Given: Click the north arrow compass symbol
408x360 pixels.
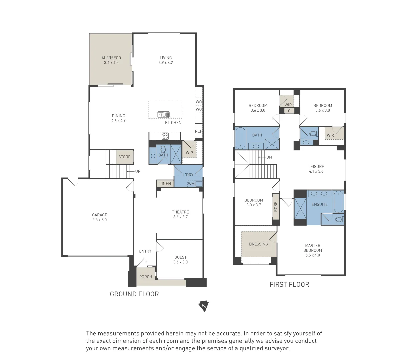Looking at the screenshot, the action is (204, 306).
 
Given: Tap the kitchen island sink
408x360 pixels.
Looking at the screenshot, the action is (163, 115).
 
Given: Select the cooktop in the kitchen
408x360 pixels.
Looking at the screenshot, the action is (165, 136).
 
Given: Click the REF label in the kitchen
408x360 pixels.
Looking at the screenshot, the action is (198, 131).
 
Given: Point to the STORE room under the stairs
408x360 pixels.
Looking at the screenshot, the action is (125, 157).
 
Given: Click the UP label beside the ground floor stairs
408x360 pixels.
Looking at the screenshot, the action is (138, 171).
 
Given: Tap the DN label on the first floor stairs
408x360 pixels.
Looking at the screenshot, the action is (269, 157).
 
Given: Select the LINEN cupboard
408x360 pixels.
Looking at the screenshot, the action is (165, 184).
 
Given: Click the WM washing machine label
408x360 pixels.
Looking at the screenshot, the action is (191, 184).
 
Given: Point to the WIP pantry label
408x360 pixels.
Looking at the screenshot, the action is (189, 153).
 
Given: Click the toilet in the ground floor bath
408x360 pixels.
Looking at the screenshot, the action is (163, 149).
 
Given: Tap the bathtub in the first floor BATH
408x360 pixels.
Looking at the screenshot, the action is (240, 138).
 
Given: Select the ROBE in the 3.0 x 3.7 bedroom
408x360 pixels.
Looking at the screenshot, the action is (275, 207).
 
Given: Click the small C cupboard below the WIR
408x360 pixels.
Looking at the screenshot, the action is (289, 111).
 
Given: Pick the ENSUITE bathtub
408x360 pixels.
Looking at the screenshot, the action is (338, 202).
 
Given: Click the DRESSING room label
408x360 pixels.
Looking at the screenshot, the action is (258, 244).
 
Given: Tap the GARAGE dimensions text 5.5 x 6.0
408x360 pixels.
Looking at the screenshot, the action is (99, 220).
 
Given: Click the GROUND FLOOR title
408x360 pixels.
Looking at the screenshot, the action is (134, 294).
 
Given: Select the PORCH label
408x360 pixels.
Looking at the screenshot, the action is (146, 277).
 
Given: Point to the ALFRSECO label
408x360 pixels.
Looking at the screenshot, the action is (111, 58).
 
